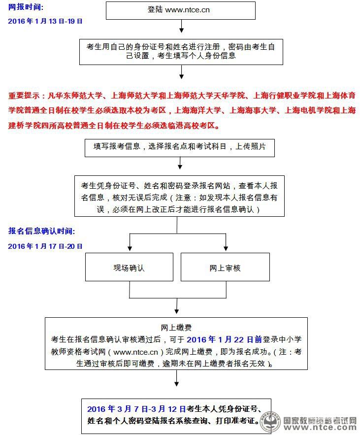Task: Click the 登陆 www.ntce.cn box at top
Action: point(181,10)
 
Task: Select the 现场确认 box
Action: point(129,268)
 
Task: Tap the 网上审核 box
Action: point(225,268)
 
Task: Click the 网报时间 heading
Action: point(26,7)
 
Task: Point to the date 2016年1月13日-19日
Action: point(45,21)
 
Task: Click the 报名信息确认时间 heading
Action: point(41,231)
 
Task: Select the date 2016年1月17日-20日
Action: point(45,246)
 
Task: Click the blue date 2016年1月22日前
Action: point(224,339)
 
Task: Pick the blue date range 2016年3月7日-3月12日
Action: point(136,409)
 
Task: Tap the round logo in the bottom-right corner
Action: point(270,421)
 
